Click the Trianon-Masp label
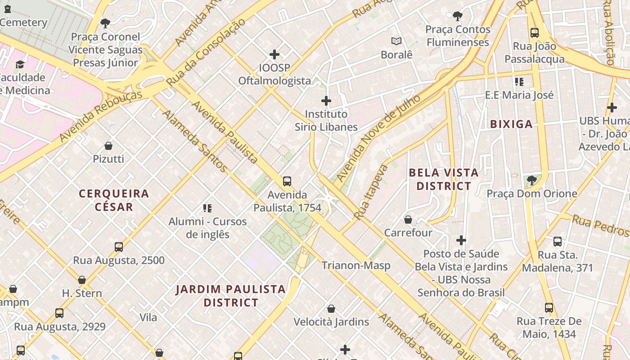pyautogui.click(x=355, y=265)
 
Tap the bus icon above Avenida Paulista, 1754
pyautogui.click(x=287, y=181)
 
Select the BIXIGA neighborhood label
pyautogui.click(x=511, y=124)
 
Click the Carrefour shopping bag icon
pyautogui.click(x=408, y=220)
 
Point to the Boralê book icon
pyautogui.click(x=396, y=41)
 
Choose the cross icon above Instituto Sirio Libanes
pyautogui.click(x=326, y=101)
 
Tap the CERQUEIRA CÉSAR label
pyautogui.click(x=114, y=200)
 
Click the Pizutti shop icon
pyautogui.click(x=108, y=146)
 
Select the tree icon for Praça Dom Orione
pyautogui.click(x=532, y=180)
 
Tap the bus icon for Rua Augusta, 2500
pyautogui.click(x=119, y=247)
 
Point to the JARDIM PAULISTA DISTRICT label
pyautogui.click(x=231, y=296)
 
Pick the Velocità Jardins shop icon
pyautogui.click(x=331, y=309)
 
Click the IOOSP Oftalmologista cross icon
pyautogui.click(x=274, y=55)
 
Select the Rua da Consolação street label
pyautogui.click(x=206, y=52)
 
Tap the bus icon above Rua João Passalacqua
pyautogui.click(x=535, y=33)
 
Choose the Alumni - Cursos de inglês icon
pyautogui.click(x=207, y=208)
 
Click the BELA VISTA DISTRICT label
pyautogui.click(x=444, y=179)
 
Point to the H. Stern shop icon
pyautogui.click(x=82, y=280)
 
